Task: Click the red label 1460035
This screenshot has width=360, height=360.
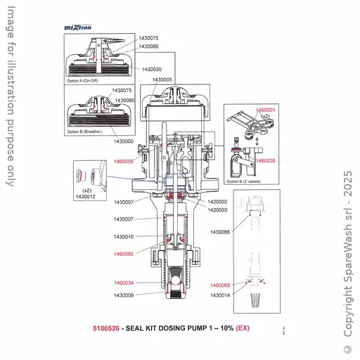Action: click(x=266, y=161)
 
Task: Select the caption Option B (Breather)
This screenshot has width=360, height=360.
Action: click(x=85, y=131)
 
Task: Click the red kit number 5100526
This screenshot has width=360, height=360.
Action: click(x=105, y=328)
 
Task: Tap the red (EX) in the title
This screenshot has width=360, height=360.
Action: click(x=243, y=328)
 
